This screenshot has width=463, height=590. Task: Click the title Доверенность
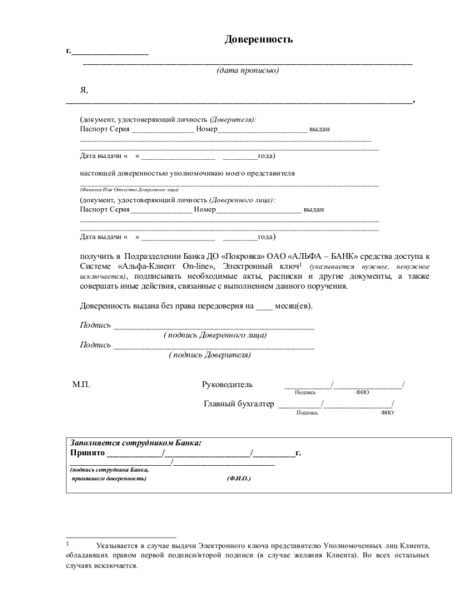click(259, 40)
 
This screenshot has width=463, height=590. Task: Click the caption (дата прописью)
click(248, 71)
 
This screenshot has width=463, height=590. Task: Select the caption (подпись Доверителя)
click(210, 355)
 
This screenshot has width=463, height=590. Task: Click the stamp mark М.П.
click(81, 385)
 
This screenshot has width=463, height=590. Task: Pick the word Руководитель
click(227, 385)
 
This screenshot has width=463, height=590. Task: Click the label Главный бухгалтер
click(238, 404)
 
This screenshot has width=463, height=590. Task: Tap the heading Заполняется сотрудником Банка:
click(136, 443)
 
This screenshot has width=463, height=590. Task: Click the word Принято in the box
click(87, 453)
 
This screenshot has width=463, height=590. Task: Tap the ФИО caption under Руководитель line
click(362, 392)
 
